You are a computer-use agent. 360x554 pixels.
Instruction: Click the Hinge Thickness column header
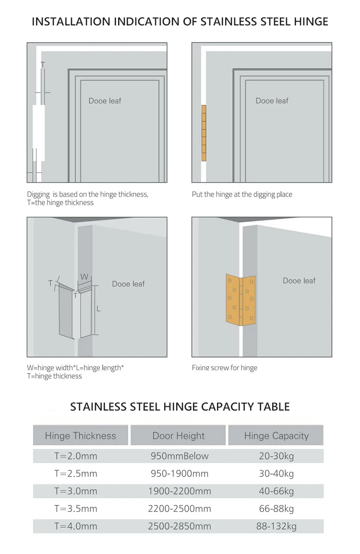(x=81, y=436)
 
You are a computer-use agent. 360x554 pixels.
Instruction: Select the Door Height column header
(x=178, y=436)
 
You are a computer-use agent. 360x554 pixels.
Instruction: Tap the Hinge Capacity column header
(x=276, y=436)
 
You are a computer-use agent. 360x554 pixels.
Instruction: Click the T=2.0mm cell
(x=76, y=456)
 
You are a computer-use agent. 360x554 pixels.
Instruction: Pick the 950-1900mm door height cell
(x=180, y=473)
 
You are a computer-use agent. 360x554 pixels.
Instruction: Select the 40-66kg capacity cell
(x=276, y=491)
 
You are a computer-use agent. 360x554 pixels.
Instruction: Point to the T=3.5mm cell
(x=76, y=509)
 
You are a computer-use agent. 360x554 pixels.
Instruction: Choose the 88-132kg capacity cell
(x=276, y=527)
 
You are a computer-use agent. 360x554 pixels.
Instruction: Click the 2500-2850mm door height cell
(x=180, y=527)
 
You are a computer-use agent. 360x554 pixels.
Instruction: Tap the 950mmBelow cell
(x=180, y=456)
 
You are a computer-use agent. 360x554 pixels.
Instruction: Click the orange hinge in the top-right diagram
(x=204, y=133)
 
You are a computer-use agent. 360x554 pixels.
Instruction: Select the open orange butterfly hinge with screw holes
(x=241, y=300)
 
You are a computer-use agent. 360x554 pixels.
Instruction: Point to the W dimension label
(x=84, y=277)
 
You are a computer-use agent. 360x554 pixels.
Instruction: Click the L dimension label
(x=98, y=309)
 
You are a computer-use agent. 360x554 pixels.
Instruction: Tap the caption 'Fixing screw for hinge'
(x=225, y=368)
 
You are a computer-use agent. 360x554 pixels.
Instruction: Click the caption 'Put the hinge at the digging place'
(x=242, y=194)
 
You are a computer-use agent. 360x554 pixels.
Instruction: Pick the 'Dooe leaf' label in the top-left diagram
(x=105, y=101)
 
